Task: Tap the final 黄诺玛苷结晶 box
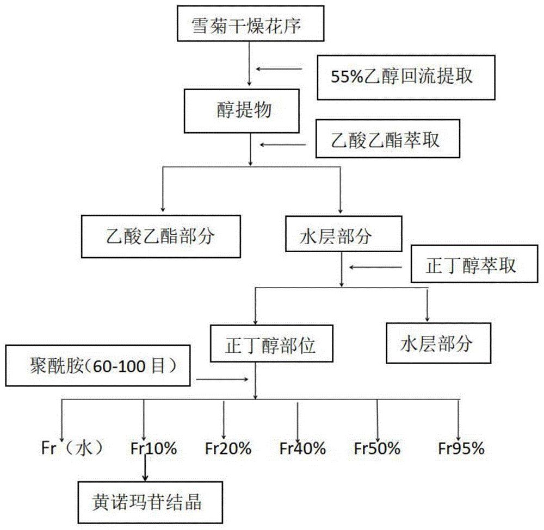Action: pyautogui.click(x=145, y=502)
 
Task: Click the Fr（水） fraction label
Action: pyautogui.click(x=72, y=449)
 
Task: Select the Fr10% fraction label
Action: pyautogui.click(x=153, y=449)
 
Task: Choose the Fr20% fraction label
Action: pyautogui.click(x=228, y=449)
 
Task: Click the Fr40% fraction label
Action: pyautogui.click(x=302, y=449)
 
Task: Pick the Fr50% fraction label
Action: pyautogui.click(x=377, y=449)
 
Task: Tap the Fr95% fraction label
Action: pyautogui.click(x=461, y=449)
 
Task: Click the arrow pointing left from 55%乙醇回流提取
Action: pyautogui.click(x=279, y=69)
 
